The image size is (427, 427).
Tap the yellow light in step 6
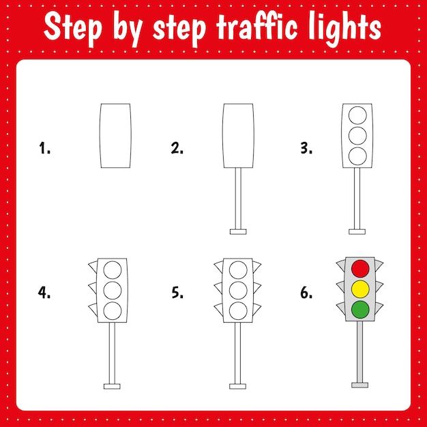[x=360, y=289]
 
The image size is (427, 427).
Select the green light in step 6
[x=360, y=310]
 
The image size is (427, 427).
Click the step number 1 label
[x=45, y=148]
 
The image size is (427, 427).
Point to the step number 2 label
[x=177, y=148]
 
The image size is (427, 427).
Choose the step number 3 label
[x=306, y=148]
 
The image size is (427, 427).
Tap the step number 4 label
[x=44, y=293]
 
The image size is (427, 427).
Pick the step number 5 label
[x=177, y=293]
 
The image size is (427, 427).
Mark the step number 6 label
[x=306, y=293]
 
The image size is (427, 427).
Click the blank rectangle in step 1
[x=115, y=136]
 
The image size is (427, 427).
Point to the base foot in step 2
[x=238, y=232]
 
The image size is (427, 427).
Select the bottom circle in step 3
[x=357, y=156]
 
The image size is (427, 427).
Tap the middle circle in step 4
[x=113, y=289]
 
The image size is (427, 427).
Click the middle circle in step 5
[x=237, y=289]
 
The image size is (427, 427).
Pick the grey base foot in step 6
[x=359, y=385]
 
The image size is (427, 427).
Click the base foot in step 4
[x=112, y=386]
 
